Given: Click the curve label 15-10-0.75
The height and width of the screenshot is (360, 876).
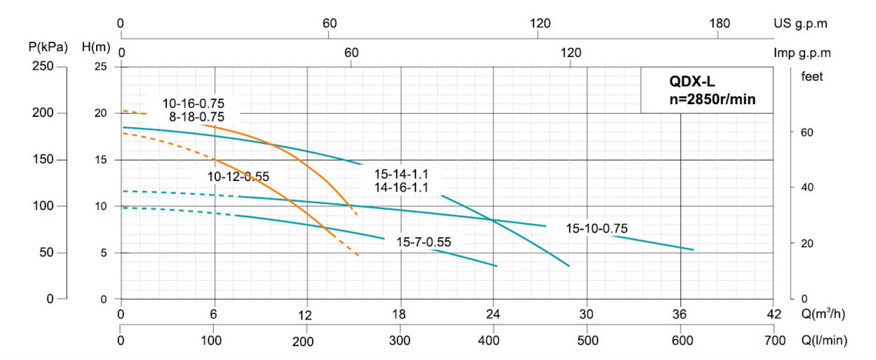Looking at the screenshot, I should coord(597,228).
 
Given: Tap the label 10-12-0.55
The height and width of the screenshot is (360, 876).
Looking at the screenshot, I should coord(237,177).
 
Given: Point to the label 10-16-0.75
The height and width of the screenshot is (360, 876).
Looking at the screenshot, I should coord(194,103).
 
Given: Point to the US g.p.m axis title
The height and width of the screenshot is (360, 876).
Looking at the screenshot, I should coord(801,23).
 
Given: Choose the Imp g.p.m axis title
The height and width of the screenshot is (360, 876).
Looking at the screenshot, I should coord(803,53).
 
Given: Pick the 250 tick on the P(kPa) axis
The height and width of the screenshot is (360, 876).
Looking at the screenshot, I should coord(45,67).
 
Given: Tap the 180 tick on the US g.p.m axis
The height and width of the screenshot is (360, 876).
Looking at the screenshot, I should coord(719,23).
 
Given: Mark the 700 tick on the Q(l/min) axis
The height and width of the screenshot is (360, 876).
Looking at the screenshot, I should coord(773,340).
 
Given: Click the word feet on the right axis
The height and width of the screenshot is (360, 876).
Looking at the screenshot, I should coord(811,75).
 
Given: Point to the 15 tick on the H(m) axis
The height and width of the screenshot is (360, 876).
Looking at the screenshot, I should coord(101,160).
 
